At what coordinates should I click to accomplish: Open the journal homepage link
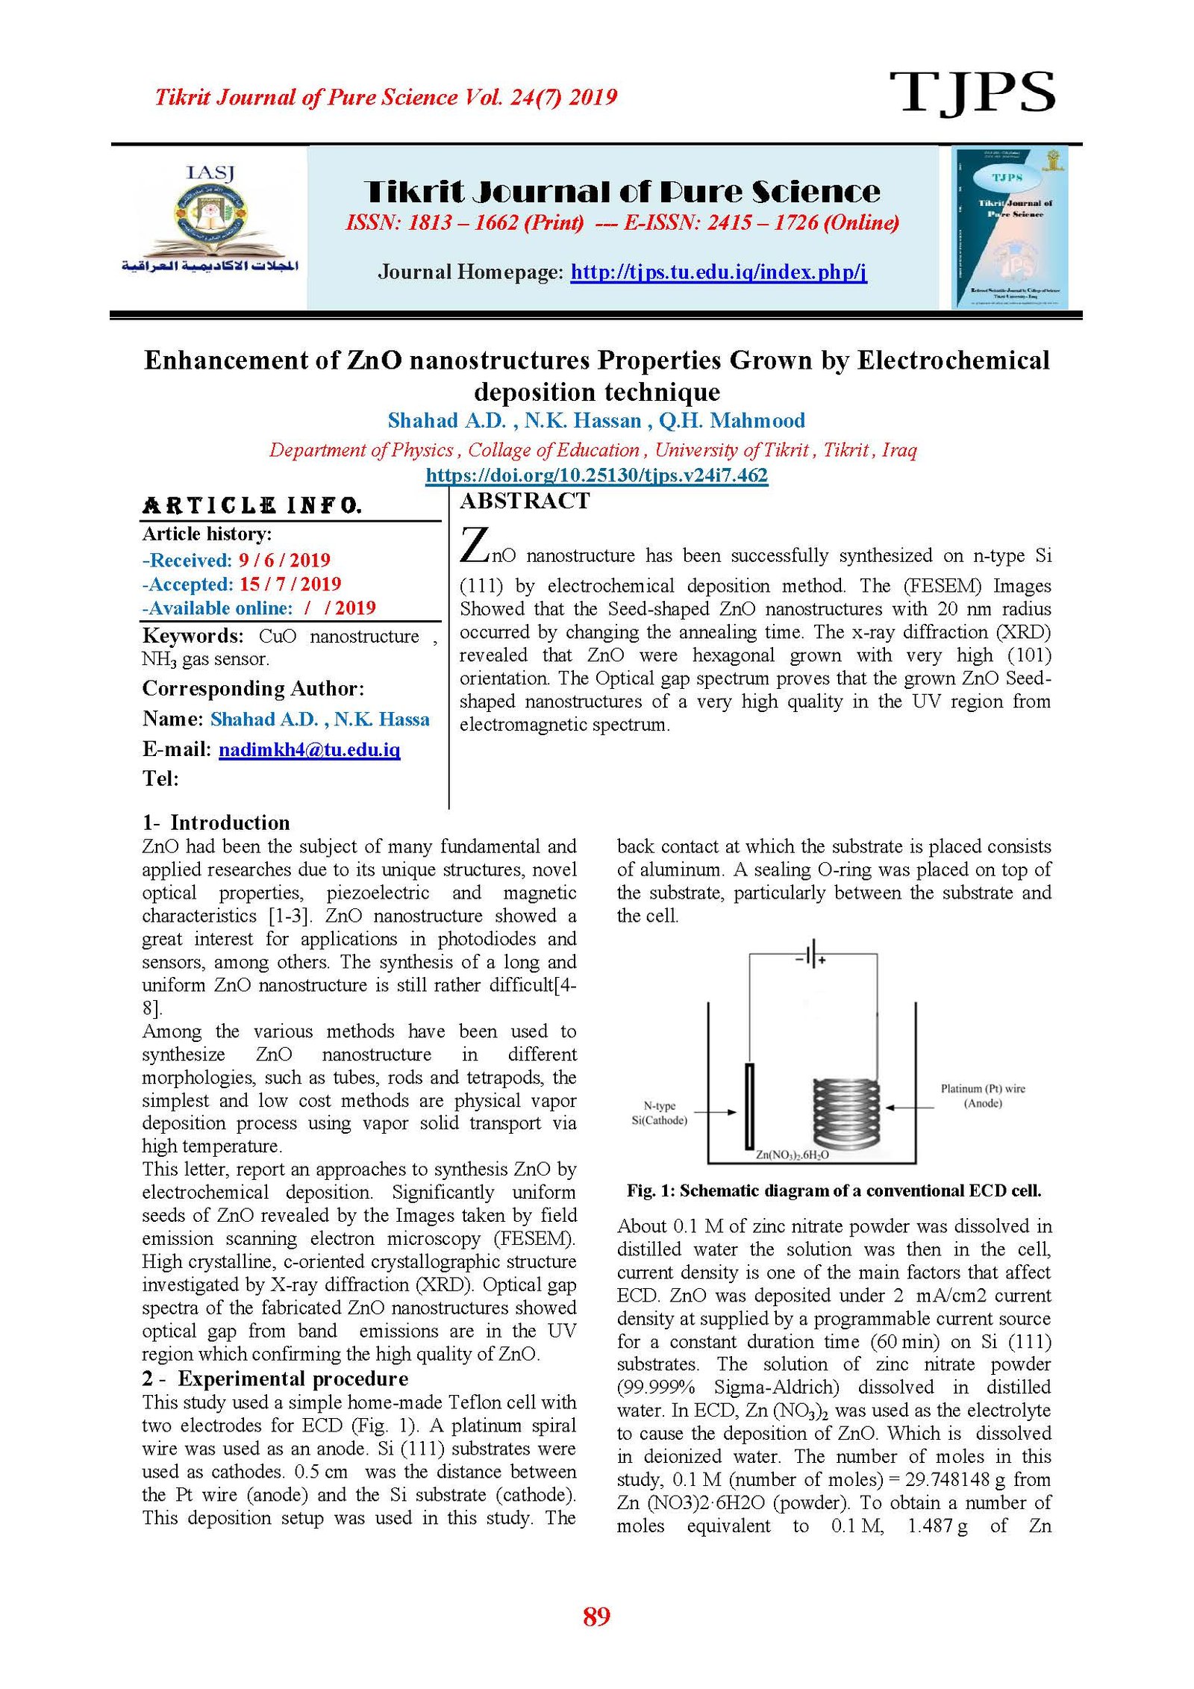click(718, 272)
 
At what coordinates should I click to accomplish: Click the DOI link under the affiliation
click(596, 475)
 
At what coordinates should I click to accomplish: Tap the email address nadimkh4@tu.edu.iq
click(309, 749)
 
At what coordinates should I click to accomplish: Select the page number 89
click(596, 1616)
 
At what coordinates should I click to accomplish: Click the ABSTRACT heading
click(525, 501)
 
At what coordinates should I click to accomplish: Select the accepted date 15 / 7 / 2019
click(290, 584)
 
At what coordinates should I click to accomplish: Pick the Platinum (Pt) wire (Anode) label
click(983, 1096)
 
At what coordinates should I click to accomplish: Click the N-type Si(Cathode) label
click(659, 1113)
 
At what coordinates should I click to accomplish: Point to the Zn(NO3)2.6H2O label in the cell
click(792, 1155)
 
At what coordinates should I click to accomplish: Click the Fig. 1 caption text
click(834, 1190)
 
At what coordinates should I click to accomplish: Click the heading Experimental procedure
click(293, 1379)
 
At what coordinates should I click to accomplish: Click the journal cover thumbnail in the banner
click(1010, 227)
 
